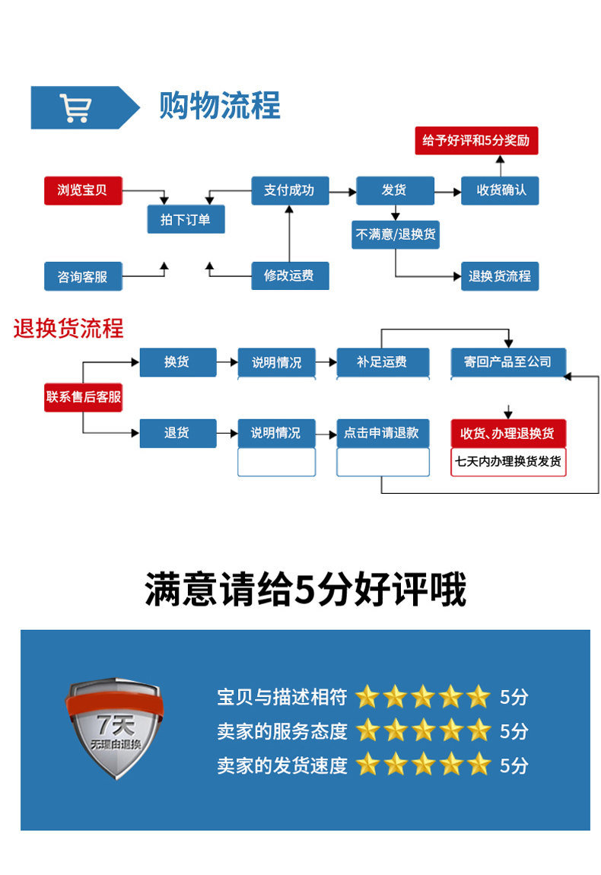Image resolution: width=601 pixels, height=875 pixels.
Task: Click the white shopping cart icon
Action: point(75,107)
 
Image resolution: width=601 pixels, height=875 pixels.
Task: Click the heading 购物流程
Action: point(219,106)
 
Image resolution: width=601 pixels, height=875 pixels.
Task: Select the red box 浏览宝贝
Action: point(83,190)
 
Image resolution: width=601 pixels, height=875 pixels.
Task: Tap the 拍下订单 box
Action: point(186,220)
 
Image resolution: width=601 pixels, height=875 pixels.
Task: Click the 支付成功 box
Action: point(290,190)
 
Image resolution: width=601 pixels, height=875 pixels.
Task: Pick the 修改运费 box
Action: point(290,275)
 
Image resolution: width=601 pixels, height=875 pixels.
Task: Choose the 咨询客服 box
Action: point(83,276)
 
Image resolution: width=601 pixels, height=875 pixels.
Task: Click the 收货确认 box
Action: point(500,190)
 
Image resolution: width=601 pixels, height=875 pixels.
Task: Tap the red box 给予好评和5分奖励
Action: point(476,141)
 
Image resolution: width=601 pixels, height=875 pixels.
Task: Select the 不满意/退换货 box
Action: point(396,234)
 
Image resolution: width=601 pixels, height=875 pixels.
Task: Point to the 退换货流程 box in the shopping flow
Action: point(500,275)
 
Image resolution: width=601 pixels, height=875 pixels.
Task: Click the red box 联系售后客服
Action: point(83,397)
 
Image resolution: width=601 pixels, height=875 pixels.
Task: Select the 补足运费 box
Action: point(383,362)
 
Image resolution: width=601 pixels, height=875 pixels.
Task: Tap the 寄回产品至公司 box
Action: point(507,362)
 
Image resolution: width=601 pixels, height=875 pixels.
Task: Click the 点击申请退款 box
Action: point(383,433)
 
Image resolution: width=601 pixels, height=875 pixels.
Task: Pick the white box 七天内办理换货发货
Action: point(508,462)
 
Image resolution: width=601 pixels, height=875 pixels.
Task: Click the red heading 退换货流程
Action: point(68,329)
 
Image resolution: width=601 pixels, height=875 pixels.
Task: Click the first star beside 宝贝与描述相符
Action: point(367,696)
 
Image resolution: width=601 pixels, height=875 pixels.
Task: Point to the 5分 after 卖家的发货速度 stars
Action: point(514,765)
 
